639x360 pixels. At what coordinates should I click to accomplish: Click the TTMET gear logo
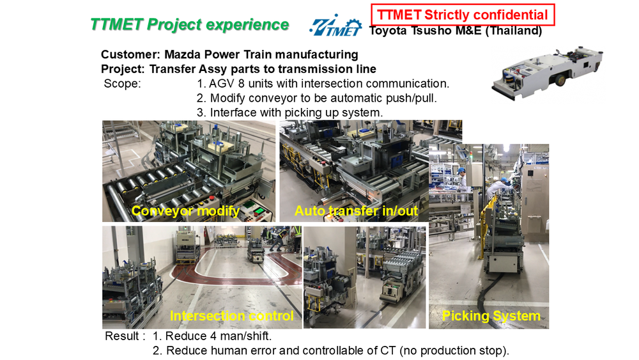pyautogui.click(x=335, y=26)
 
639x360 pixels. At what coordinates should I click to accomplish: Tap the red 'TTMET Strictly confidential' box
pyautogui.click(x=463, y=15)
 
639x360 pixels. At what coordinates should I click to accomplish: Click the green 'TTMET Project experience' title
pyautogui.click(x=190, y=24)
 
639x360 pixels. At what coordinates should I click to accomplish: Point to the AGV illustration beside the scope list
pyautogui.click(x=548, y=74)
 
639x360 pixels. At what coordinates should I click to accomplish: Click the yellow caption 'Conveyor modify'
pyautogui.click(x=185, y=211)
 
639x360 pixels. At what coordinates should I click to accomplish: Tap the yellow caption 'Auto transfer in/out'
pyautogui.click(x=356, y=211)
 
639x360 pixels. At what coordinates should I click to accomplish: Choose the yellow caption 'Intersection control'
pyautogui.click(x=231, y=316)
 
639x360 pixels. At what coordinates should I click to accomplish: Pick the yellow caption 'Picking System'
pyautogui.click(x=491, y=316)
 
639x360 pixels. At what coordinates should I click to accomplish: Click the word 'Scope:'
pyautogui.click(x=122, y=84)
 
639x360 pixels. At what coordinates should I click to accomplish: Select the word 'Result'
pyautogui.click(x=122, y=336)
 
